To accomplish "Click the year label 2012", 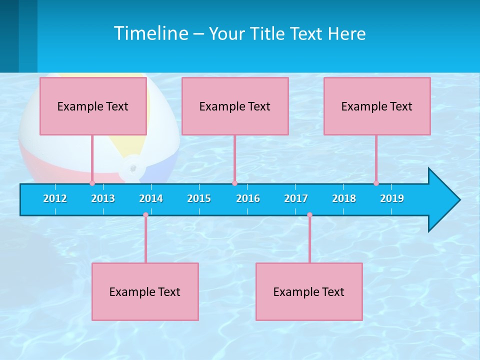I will (x=55, y=198).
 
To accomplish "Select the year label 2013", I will (x=103, y=198).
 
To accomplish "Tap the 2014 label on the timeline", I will (x=151, y=198).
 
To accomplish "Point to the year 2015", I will (x=199, y=198).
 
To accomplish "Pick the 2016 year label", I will (x=248, y=198).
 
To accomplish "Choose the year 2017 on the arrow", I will (x=296, y=198).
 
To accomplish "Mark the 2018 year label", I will (x=344, y=198).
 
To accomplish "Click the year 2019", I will (x=392, y=198).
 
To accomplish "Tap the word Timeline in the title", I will (x=151, y=33).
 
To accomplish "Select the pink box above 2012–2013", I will (x=93, y=106).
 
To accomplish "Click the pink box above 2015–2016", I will (x=235, y=106).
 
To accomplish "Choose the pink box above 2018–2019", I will (x=377, y=106).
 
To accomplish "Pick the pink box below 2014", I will (x=145, y=292).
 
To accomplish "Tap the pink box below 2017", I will (x=309, y=292).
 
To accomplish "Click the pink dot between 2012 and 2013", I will (x=92, y=183).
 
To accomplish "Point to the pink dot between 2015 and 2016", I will (x=234, y=183).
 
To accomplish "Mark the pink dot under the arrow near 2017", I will (x=309, y=215).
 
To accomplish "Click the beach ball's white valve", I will (x=132, y=168).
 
